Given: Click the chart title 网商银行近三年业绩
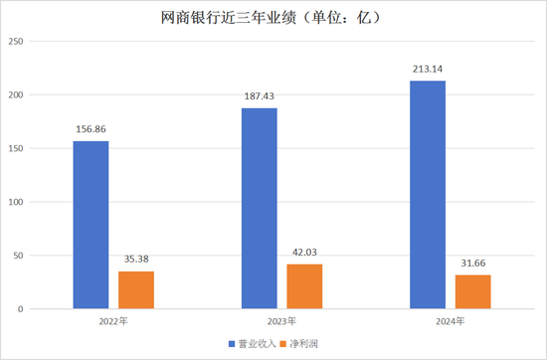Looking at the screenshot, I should pos(273,17).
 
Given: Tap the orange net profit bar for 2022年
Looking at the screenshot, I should pos(136,289).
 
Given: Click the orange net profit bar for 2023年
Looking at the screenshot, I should pos(304,286).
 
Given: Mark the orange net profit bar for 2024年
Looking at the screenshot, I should pos(472,291).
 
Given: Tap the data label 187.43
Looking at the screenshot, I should pos(260,97).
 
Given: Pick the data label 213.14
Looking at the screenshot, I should pos(428,70).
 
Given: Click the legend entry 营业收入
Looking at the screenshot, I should pos(253,343).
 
